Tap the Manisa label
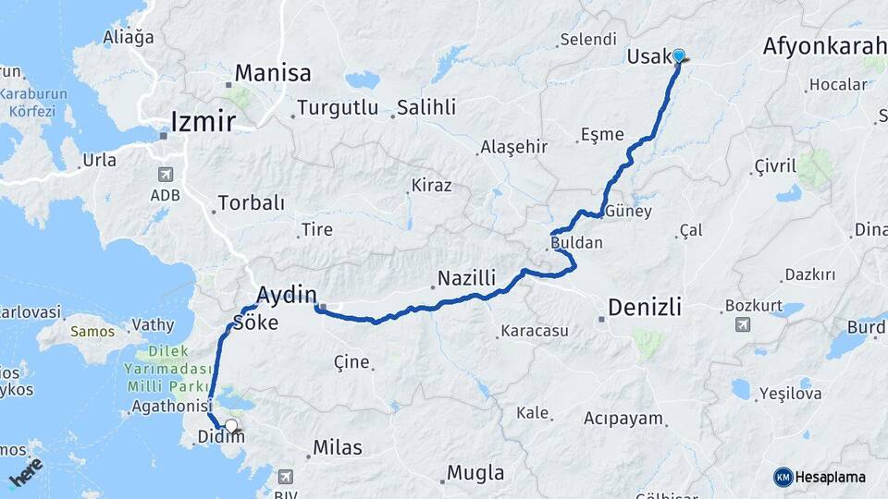pyautogui.click(x=273, y=73)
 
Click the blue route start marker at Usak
pyautogui.click(x=678, y=55)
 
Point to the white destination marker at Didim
pyautogui.click(x=231, y=426)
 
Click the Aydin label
pyautogui.click(x=287, y=295)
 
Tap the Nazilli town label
pyautogui.click(x=467, y=278)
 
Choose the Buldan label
pyautogui.click(x=576, y=244)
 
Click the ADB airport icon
pyautogui.click(x=165, y=173)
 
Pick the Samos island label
pyautogui.click(x=94, y=331)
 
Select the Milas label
pyautogui.click(x=338, y=448)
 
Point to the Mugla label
pyautogui.click(x=475, y=474)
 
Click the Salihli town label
pyautogui.click(x=426, y=108)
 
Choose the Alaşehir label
pyautogui.click(x=514, y=147)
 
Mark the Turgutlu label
pyautogui.click(x=338, y=108)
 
